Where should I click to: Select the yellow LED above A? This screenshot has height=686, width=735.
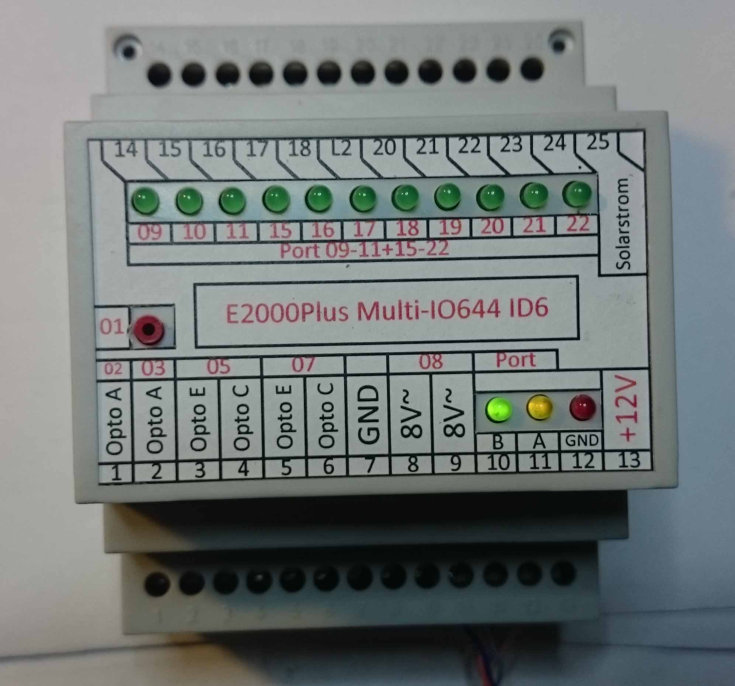pos(539,408)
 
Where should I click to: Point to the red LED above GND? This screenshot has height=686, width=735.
pos(583,407)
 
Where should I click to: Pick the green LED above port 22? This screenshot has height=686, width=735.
pos(577,194)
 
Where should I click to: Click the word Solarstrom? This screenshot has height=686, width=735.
pos(624,224)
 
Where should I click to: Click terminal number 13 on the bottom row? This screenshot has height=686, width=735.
pos(628,461)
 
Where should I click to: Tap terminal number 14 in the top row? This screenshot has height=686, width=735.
pos(126,150)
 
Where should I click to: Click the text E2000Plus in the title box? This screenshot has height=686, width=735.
pos(287,312)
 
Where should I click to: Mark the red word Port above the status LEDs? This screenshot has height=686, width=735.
pos(515,360)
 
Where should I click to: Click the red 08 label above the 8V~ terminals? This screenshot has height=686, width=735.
pos(431,361)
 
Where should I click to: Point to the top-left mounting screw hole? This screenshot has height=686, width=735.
pos(128,49)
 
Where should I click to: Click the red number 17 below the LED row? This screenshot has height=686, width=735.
pos(364,230)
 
